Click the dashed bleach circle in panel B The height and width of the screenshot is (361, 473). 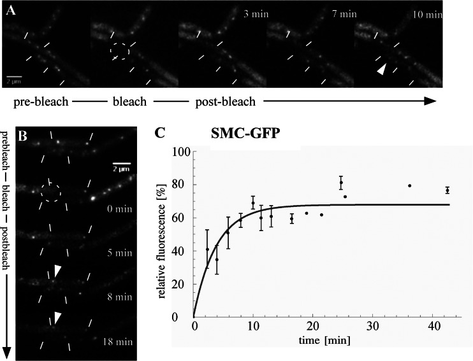coord(49,189)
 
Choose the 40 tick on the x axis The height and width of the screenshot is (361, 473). coord(432,326)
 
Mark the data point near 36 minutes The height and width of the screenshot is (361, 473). coord(409,186)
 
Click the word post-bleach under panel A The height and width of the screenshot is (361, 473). coord(219,101)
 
